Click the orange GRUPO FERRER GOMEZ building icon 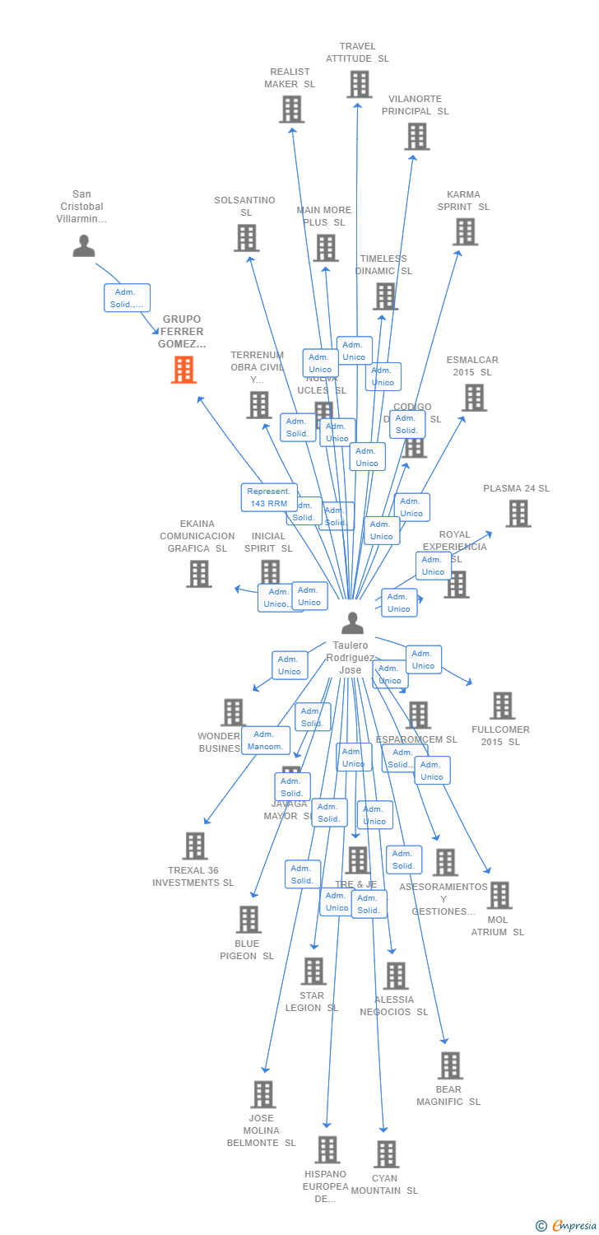coord(183,370)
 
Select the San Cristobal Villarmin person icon coord(84,245)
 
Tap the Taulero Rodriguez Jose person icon coord(352,623)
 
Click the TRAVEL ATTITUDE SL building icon coord(359,84)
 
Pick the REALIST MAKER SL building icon coord(291,109)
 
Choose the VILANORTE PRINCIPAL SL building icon coord(417,136)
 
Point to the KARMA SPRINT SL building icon coord(465,231)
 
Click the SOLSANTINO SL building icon coord(247,238)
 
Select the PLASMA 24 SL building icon coord(518,513)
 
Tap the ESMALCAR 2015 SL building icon coord(473,398)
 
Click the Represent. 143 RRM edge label coord(269,497)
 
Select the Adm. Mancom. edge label coord(265,740)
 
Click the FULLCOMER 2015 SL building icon coord(502,706)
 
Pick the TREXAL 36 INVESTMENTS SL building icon coord(195,846)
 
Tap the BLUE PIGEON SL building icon coord(248,919)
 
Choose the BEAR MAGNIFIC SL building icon coord(449,1065)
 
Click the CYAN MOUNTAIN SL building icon coord(386,1154)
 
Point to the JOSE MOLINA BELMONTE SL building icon coord(262,1094)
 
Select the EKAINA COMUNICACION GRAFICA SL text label coord(197,536)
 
